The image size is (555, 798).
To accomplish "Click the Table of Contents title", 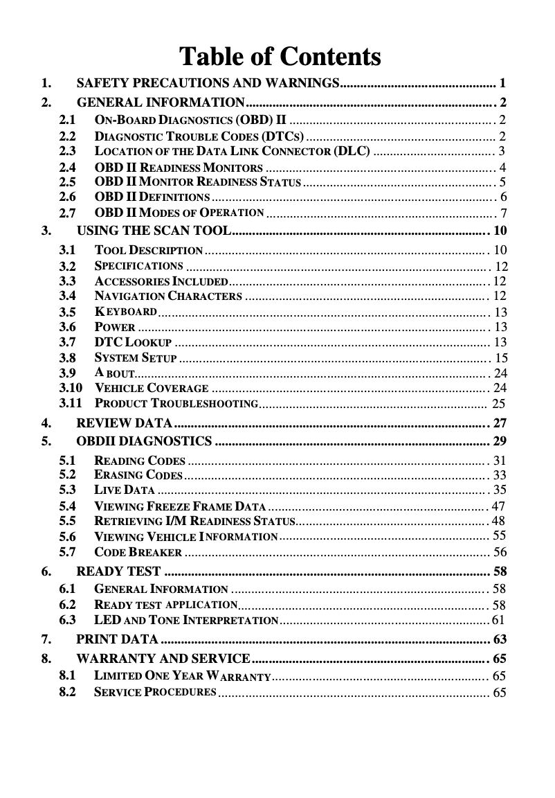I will click(280, 56).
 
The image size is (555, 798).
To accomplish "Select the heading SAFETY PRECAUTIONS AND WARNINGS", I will click(207, 84).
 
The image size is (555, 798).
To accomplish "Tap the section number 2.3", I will click(68, 150).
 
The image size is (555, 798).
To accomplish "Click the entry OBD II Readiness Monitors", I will click(178, 167).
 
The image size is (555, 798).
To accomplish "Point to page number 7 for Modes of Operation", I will click(504, 213).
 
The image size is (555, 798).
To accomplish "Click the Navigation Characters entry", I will click(167, 296).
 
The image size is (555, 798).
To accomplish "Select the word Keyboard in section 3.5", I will click(125, 312).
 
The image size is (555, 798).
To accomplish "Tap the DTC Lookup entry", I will click(132, 342).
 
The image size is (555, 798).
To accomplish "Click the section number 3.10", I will click(71, 387).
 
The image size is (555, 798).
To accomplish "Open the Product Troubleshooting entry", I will click(176, 403).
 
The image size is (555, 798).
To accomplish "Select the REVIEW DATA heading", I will click(125, 423).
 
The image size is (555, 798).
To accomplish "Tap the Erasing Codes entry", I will click(138, 475).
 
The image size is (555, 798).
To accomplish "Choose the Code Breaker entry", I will click(138, 552).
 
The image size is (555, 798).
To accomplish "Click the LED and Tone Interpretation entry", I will click(185, 619).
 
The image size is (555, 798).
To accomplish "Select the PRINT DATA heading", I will click(118, 638).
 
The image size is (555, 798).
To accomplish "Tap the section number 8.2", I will click(68, 691).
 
